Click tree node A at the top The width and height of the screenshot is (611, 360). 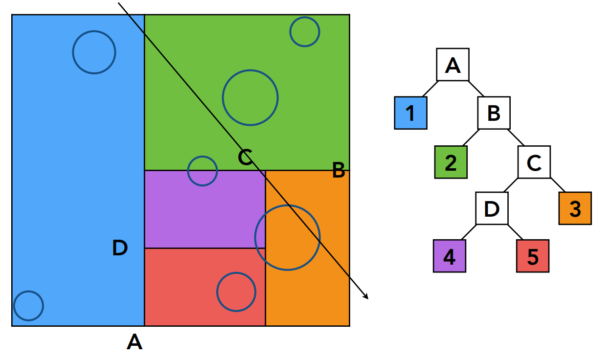[453, 65]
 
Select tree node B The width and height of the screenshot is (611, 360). [494, 113]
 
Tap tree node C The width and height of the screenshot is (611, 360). [534, 162]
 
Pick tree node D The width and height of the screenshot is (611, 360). [492, 208]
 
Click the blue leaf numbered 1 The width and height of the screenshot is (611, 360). [410, 113]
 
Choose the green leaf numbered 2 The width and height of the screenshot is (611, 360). [451, 162]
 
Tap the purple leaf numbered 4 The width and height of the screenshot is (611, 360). [449, 256]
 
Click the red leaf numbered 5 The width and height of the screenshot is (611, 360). [533, 256]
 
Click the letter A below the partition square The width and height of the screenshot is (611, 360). [134, 341]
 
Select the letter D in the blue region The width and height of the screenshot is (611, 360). [120, 248]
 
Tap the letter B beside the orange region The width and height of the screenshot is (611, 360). [339, 171]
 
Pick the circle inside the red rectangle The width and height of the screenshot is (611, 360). [236, 292]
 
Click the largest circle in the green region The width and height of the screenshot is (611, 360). [250, 97]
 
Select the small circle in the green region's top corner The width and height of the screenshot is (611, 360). [305, 32]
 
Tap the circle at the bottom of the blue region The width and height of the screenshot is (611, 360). [28, 306]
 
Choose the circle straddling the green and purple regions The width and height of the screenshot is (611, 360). [203, 171]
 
